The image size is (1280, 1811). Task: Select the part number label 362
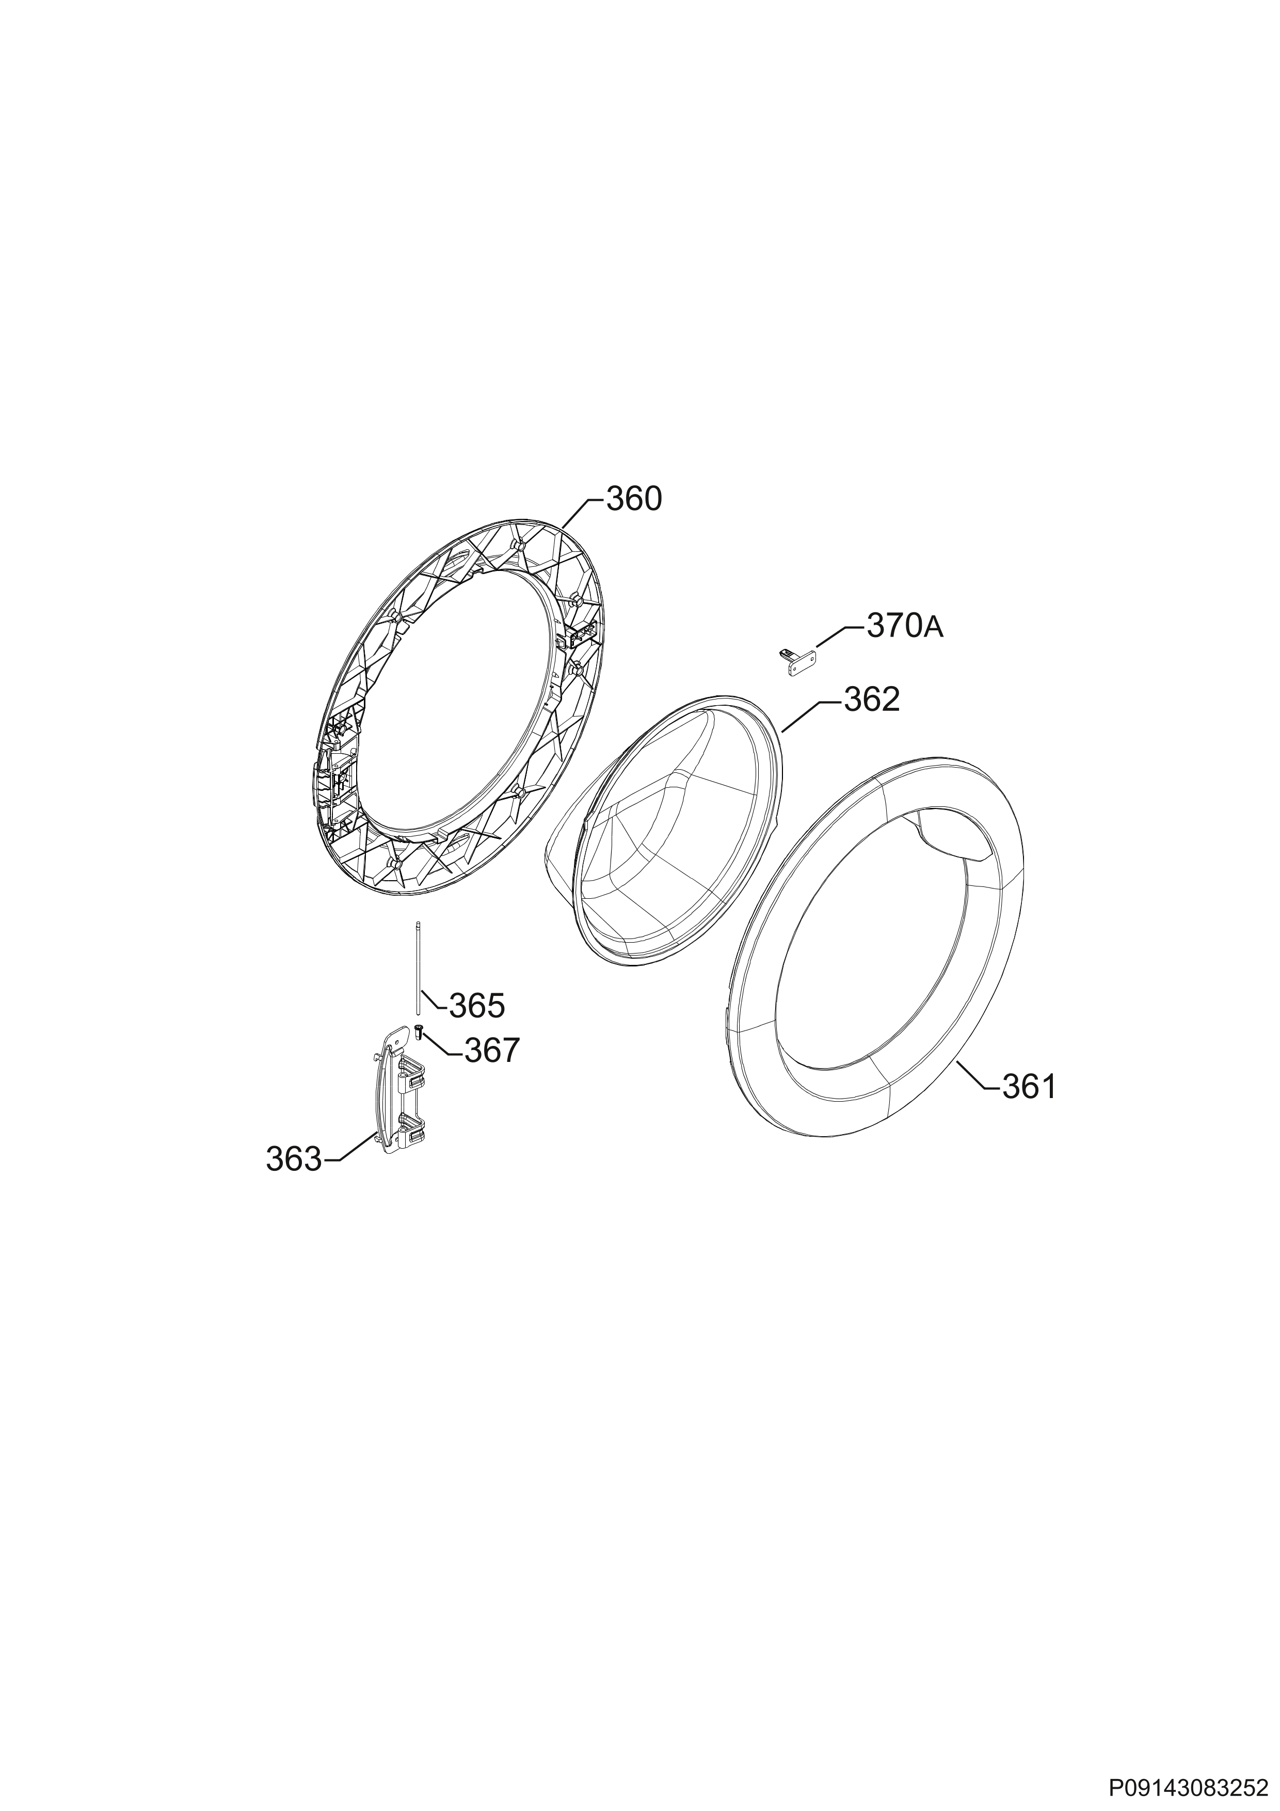(871, 700)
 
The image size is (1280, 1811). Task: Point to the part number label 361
(1029, 1088)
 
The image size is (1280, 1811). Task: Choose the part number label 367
(492, 1051)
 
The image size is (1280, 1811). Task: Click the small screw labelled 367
(419, 1031)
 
